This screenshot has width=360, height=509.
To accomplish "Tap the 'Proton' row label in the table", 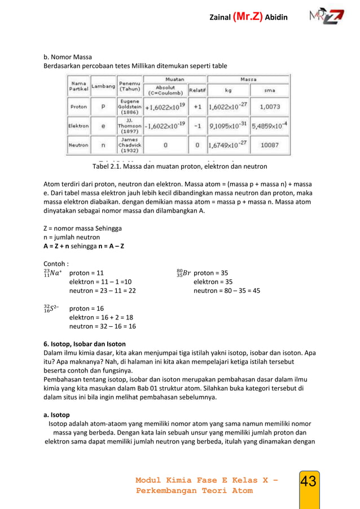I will point(78,106).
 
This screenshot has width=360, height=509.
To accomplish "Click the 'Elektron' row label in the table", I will point(78,126).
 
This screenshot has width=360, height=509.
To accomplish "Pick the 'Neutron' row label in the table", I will point(78,145).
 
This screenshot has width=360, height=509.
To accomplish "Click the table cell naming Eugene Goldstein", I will point(130,106).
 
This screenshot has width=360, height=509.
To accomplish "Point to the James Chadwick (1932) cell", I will point(130,145).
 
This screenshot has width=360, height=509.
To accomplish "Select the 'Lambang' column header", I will point(103,86).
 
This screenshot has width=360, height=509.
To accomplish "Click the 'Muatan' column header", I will point(175,80).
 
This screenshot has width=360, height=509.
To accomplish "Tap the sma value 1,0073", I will point(270,106).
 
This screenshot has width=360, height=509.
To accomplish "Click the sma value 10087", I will point(270,145).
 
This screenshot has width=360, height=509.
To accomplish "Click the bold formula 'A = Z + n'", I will point(60,247).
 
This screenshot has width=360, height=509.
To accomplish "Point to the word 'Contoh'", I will point(56,264).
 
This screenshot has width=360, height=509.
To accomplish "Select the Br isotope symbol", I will point(183,273).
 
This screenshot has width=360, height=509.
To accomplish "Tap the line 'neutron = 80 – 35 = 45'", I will point(226,291).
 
